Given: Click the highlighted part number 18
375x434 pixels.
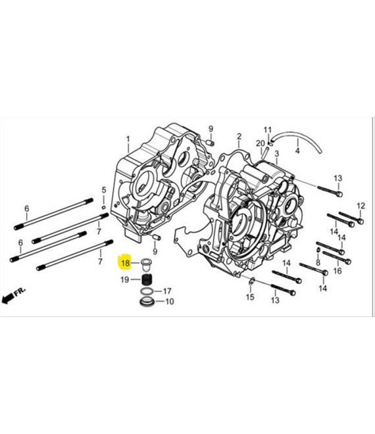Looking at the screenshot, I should click(125, 264).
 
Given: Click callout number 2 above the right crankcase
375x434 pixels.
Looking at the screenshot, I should click(239, 137).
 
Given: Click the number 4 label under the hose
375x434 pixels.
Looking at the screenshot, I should click(297, 151).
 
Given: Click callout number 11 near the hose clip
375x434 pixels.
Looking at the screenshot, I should click(268, 129).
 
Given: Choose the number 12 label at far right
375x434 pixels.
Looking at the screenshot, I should click(361, 206).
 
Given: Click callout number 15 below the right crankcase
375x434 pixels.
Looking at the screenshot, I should click(250, 298).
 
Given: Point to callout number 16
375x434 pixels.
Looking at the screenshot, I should click(337, 270).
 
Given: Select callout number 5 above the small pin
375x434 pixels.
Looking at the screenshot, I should click(103, 191).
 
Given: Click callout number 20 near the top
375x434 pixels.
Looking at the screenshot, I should click(260, 143).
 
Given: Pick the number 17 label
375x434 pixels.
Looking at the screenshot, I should click(167, 290).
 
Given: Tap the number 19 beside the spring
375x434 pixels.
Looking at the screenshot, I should click(125, 280).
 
